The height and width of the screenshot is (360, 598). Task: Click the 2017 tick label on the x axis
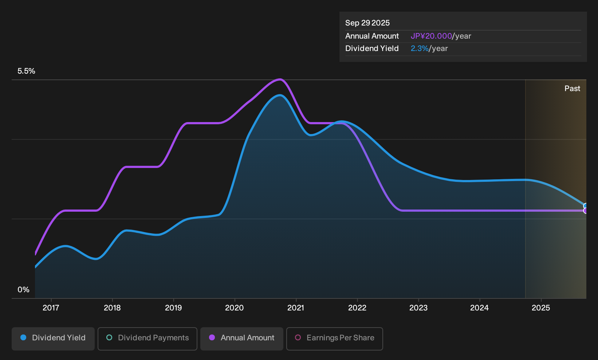51,308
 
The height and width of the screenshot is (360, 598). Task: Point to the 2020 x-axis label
235,308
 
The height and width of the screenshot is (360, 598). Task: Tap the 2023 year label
418,308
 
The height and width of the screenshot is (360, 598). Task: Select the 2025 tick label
541,308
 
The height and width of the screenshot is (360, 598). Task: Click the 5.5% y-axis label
26,71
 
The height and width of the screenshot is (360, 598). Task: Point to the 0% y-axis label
24,290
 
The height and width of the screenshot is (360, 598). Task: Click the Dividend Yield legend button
53,339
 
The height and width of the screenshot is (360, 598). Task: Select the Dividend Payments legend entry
147,339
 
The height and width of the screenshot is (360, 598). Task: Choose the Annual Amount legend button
241,339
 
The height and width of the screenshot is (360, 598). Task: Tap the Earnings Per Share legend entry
334,339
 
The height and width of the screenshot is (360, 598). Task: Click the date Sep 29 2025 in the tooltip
367,23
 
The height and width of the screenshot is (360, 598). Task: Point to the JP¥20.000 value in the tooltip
431,36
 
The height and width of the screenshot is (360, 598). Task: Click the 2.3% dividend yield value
420,48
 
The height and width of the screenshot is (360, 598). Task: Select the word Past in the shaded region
572,89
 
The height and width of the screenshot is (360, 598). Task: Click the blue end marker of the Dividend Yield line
585,206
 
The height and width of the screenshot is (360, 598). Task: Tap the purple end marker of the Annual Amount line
585,211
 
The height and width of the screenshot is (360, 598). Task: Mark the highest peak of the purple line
279,79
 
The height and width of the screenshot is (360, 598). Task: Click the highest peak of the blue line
279,95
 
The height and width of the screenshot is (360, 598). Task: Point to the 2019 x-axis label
173,308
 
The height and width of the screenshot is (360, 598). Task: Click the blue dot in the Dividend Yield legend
23,337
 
